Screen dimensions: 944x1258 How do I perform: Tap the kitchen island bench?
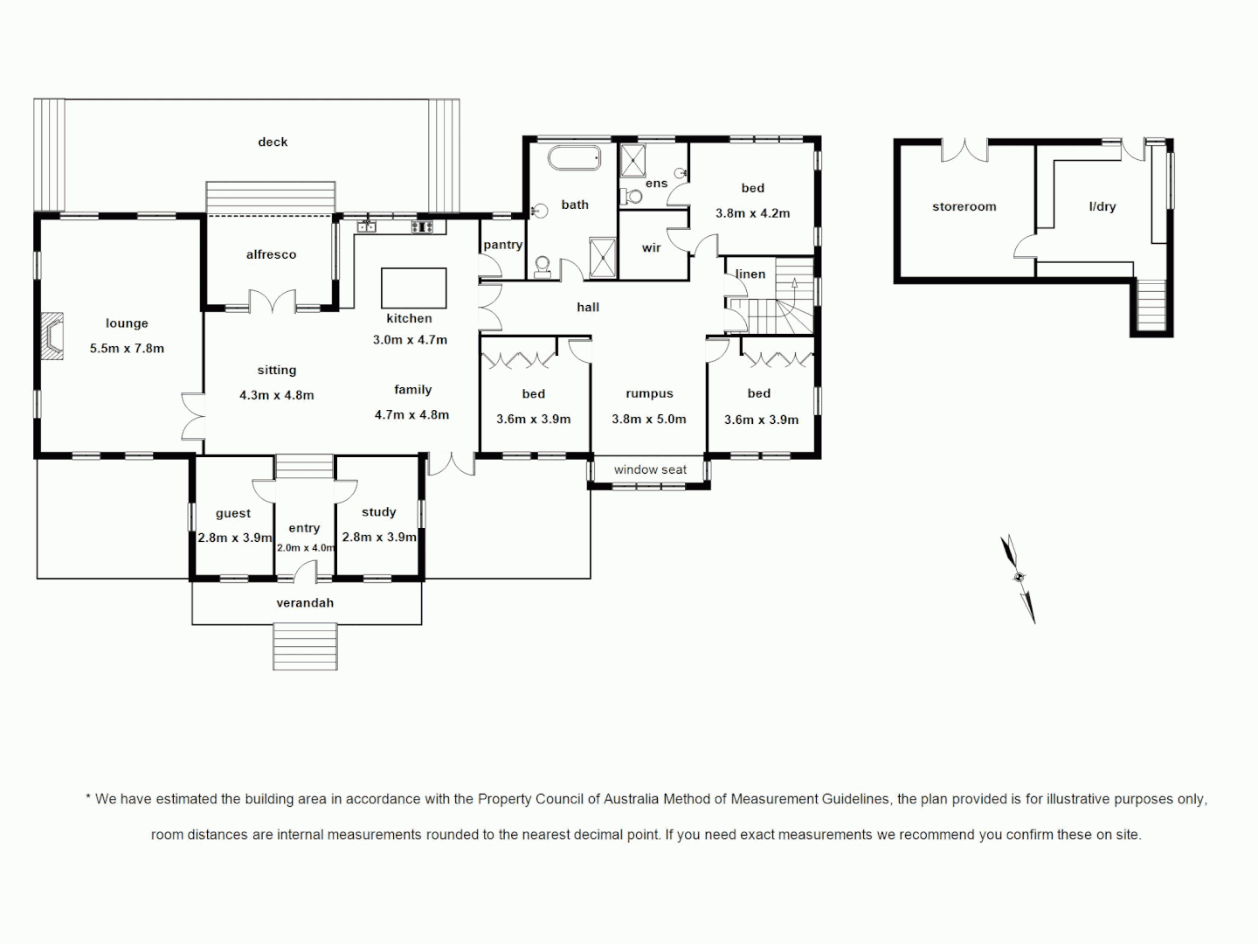tap(413, 288)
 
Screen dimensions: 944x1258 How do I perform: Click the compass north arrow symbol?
tap(1019, 578)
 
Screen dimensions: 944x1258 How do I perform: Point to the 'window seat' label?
tap(650, 469)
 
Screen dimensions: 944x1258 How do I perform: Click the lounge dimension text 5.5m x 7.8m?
tap(127, 348)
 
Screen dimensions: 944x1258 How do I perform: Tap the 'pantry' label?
tap(502, 245)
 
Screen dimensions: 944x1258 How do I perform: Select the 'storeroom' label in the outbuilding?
tap(964, 207)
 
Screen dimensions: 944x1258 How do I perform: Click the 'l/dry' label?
tap(1102, 207)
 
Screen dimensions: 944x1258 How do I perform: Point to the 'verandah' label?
tap(305, 603)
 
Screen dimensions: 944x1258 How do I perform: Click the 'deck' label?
tap(273, 142)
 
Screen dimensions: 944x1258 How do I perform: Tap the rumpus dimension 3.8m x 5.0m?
tap(649, 419)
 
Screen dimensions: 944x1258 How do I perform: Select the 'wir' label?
tap(651, 248)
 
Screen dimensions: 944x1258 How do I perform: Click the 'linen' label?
tap(750, 274)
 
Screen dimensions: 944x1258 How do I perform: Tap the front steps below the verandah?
tap(305, 647)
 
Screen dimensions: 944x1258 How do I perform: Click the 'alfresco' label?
tap(271, 254)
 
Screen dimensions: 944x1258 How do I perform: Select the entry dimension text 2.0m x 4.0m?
tap(305, 548)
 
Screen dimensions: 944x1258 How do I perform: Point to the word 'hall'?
tap(588, 307)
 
